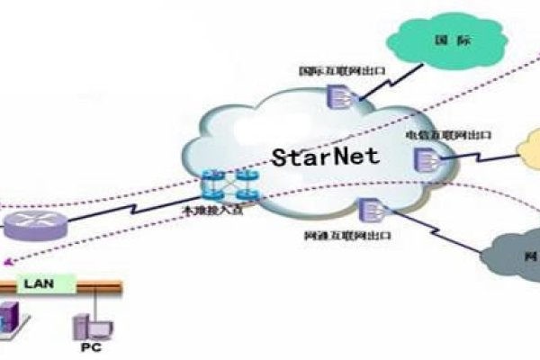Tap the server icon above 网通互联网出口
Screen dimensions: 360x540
click(369, 210)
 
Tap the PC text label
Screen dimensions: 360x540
click(89, 346)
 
